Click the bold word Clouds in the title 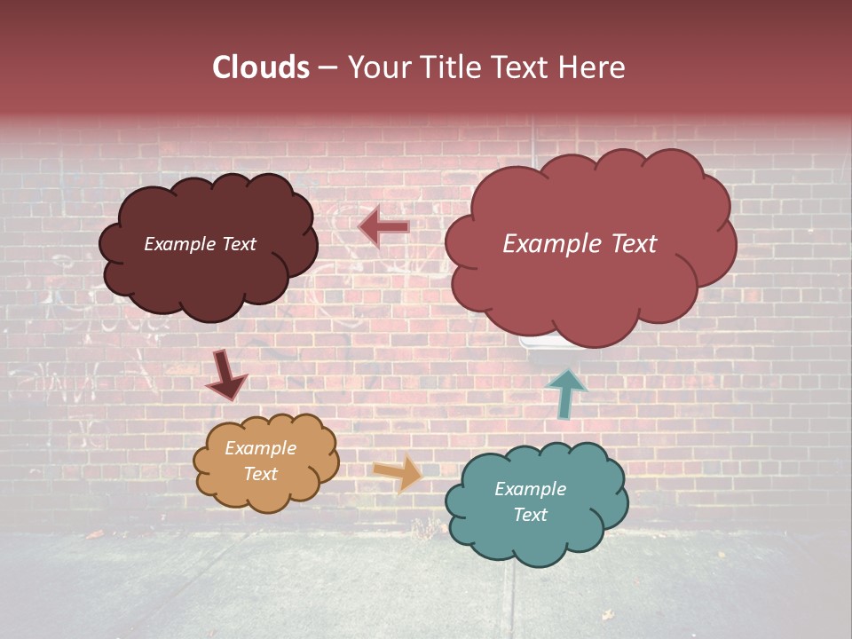tap(260, 67)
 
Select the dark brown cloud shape tap(208, 266)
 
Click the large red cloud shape tap(586, 284)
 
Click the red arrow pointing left tap(383, 227)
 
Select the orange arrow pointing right tap(398, 473)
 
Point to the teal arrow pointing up tap(566, 393)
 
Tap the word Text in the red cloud tap(634, 244)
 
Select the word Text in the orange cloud tap(261, 474)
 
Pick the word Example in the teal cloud tap(530, 489)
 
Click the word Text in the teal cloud tap(530, 515)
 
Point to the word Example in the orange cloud tap(261, 448)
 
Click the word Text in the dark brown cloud tap(239, 244)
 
